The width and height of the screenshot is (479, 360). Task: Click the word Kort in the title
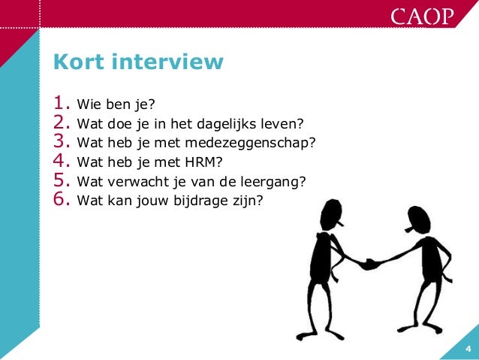[77, 62]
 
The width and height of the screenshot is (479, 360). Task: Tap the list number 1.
[60, 101]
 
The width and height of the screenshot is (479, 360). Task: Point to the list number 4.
[60, 160]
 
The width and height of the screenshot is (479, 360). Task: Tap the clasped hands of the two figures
[369, 264]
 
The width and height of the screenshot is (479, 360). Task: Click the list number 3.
[60, 141]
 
